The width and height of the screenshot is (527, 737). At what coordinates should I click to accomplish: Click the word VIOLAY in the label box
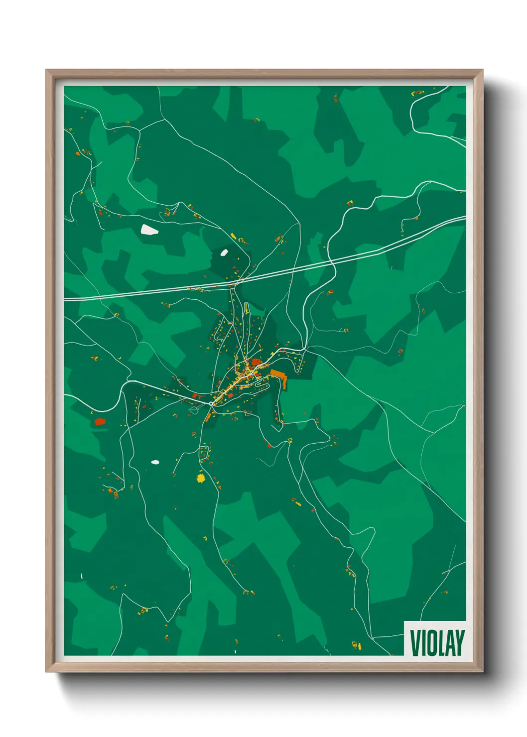tap(437, 642)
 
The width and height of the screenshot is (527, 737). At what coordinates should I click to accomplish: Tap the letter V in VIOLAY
tap(414, 642)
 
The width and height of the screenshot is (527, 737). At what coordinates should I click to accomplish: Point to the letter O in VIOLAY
tap(432, 642)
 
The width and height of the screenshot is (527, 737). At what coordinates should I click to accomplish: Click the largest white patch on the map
tap(148, 230)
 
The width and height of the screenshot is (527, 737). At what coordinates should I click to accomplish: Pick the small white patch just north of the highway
tap(224, 252)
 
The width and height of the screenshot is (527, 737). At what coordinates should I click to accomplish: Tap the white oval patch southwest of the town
tap(155, 462)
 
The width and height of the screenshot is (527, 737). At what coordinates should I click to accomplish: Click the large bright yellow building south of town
tap(200, 479)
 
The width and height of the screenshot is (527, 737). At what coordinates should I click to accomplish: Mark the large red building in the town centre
tap(257, 362)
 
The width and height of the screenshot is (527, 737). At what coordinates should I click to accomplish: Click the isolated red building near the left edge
tap(100, 422)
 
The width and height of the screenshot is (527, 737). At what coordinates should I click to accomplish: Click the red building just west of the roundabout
tap(195, 396)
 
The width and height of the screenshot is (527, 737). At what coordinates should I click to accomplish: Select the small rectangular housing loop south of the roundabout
tap(203, 454)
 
